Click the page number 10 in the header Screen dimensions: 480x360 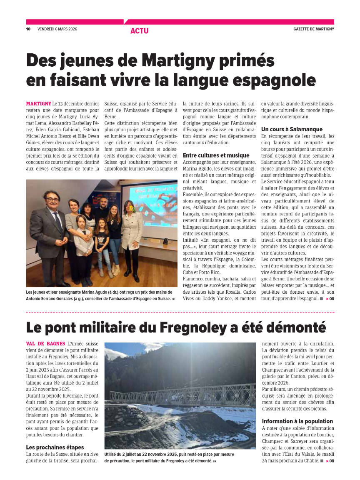28,29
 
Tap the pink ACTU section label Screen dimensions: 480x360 139,31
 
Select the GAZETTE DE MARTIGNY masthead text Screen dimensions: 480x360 313,29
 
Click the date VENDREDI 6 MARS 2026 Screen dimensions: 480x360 57,29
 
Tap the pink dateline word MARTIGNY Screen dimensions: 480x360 38,103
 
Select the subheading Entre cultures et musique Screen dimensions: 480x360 216,155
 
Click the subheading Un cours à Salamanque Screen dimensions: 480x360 292,129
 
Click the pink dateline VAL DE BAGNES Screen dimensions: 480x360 45,344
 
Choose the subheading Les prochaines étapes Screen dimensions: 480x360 55,447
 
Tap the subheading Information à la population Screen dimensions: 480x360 297,421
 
